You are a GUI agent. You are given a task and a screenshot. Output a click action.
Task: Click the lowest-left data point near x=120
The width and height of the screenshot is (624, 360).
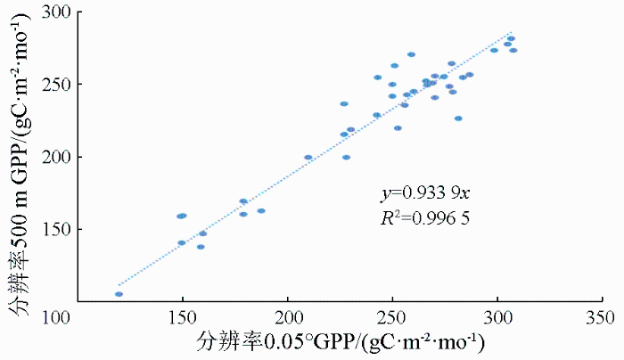[119, 294]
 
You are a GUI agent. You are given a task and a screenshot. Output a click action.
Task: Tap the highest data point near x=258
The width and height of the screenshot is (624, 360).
[411, 54]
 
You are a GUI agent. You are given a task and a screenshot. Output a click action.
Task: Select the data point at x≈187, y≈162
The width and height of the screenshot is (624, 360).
[261, 211]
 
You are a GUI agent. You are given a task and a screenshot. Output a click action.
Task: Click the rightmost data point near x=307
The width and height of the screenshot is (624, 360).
[513, 50]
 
